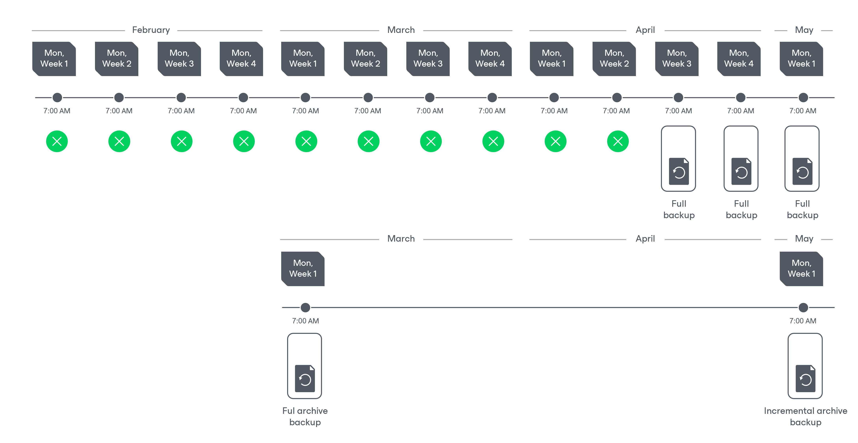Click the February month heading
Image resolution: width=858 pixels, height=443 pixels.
[151, 30]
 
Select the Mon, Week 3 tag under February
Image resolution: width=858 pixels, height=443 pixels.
[179, 59]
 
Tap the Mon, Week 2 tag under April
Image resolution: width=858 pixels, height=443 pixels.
[614, 59]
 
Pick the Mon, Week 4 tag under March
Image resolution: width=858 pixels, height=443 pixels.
[490, 59]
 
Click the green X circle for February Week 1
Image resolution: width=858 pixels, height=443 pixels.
[57, 141]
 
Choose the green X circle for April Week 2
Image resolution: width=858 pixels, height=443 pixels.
[618, 141]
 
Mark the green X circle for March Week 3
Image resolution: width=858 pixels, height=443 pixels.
[431, 141]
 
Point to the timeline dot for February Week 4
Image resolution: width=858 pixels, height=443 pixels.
[244, 98]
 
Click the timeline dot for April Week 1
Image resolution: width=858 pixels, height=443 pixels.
[554, 98]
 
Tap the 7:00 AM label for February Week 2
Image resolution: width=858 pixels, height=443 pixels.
[119, 111]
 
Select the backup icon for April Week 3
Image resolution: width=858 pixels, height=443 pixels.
[678, 159]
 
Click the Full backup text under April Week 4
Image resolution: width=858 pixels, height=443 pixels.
[741, 209]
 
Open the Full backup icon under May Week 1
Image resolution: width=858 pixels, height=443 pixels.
[802, 159]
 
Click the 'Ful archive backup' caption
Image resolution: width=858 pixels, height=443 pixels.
[305, 416]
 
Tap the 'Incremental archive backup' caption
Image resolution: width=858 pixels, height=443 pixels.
[805, 416]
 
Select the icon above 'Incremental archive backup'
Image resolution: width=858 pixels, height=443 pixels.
[805, 366]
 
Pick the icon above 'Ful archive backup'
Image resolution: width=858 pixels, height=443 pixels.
[304, 366]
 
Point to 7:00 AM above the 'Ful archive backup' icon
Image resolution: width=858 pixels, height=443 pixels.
[305, 321]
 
